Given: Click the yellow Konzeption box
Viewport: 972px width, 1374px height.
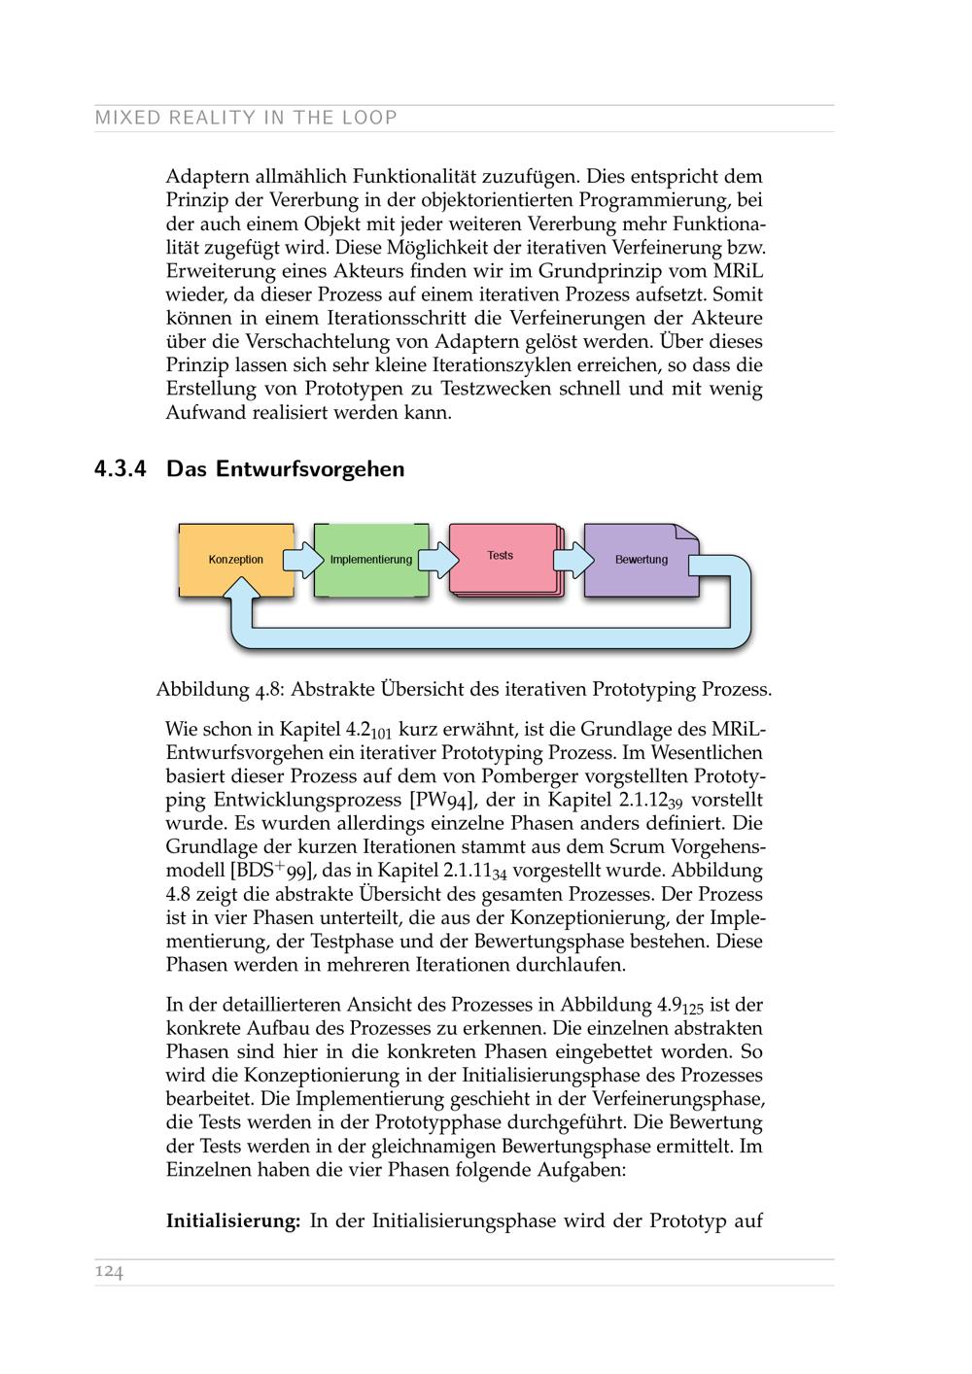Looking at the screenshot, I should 236,560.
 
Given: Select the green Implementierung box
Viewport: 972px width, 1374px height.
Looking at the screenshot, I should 370,560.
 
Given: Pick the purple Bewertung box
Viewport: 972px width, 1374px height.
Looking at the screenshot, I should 641,560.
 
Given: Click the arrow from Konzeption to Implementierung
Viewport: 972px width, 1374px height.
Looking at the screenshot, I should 303,560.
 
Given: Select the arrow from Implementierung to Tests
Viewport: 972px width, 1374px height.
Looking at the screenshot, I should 438,560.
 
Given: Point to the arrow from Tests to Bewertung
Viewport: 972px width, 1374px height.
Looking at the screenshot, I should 573,560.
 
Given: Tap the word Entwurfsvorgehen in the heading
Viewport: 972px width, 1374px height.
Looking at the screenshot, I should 309,469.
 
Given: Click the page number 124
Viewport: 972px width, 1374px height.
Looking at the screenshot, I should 109,1272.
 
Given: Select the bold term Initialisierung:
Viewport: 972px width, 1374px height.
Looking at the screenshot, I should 233,1221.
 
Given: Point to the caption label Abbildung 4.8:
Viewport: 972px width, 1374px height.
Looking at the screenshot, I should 220,690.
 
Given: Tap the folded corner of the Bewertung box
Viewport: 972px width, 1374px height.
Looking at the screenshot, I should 688,533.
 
